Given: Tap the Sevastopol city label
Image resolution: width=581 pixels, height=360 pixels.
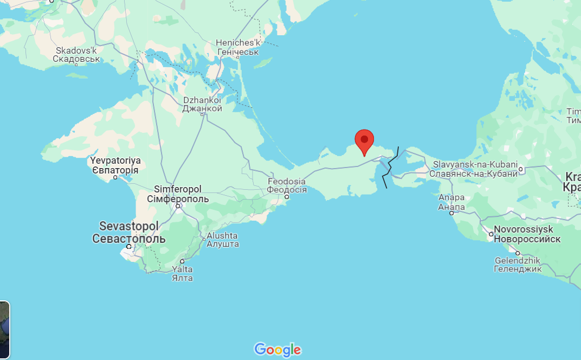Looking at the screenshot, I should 128,232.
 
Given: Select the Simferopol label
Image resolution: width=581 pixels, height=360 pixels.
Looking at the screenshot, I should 178,194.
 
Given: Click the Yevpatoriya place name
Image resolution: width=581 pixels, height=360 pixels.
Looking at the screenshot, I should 115,165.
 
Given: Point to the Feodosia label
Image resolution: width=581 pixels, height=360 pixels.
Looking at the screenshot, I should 287,185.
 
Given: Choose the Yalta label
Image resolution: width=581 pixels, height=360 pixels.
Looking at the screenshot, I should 182,273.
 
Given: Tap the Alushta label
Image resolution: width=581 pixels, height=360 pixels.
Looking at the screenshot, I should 222,240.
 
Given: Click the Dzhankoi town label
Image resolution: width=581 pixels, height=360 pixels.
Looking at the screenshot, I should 203,104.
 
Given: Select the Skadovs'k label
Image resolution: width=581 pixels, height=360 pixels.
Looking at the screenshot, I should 76,54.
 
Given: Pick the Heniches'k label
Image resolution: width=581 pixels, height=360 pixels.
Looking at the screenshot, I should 238,47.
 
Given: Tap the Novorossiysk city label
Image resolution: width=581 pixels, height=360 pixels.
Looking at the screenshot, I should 527,234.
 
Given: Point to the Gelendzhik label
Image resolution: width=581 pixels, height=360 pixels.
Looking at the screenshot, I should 518,264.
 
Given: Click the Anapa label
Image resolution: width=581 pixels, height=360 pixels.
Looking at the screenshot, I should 451,202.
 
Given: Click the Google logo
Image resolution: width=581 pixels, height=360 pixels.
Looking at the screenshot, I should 277,350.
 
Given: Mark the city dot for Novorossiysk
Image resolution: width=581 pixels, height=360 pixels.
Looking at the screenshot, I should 490,234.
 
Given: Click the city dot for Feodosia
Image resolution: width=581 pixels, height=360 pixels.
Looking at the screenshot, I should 287,197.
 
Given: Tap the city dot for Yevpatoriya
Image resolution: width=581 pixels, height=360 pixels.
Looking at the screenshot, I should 115,177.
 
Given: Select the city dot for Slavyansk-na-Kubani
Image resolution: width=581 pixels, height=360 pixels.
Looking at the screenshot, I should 521,169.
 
